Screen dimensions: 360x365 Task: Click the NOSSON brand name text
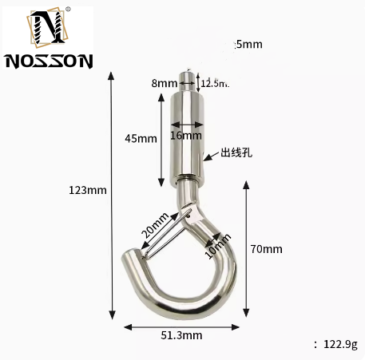coord(49,60)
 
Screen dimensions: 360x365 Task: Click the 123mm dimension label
coord(88,190)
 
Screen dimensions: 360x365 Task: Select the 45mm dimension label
coord(141,138)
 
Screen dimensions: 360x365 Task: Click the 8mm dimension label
coord(165,82)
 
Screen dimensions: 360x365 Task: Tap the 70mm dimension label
coord(267,249)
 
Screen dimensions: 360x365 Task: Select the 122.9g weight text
coord(339,344)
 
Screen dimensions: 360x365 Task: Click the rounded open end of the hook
coord(132,259)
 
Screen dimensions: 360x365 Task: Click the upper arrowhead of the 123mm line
coord(111,77)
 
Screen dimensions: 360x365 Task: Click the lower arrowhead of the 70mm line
coord(246,313)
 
